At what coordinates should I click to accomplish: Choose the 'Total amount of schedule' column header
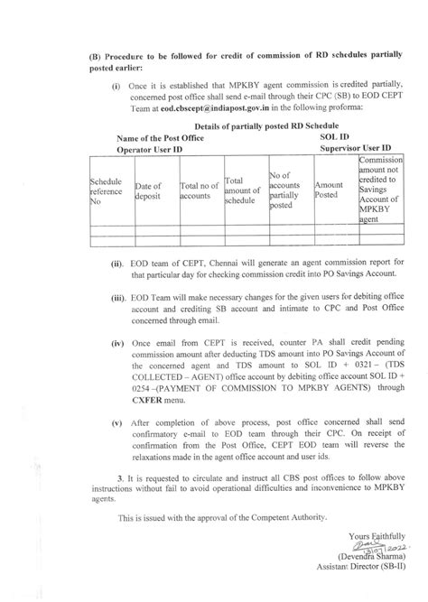pyautogui.click(x=242, y=190)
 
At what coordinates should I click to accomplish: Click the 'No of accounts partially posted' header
pyautogui.click(x=286, y=190)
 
